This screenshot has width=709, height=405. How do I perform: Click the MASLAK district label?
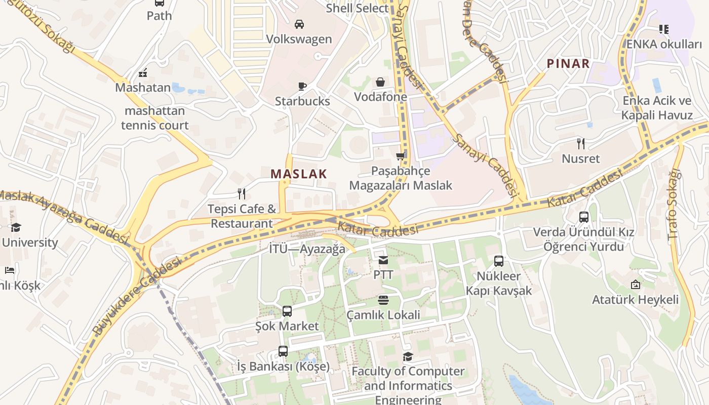tap(299, 174)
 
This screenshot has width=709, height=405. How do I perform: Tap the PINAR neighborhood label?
tap(568, 64)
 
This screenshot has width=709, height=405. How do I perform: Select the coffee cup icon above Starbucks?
tap(302, 86)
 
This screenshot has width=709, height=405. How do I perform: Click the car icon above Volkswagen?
tap(299, 24)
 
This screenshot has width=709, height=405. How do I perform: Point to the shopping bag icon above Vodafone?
tap(380, 82)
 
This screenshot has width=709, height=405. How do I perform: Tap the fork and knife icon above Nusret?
tap(581, 143)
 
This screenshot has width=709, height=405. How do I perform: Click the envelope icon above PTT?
tap(383, 260)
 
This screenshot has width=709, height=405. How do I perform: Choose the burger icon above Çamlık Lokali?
tap(383, 300)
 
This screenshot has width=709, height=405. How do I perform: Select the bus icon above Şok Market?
tap(287, 311)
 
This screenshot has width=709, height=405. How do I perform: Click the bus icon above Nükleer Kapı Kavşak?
tap(499, 261)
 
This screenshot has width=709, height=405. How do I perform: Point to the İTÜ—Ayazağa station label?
tap(307, 249)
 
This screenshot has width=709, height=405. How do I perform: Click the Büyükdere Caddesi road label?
tap(137, 296)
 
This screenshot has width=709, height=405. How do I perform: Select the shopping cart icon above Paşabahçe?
tap(401, 156)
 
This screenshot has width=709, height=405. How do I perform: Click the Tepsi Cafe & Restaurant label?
tap(242, 216)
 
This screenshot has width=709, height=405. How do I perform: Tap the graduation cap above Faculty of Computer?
tap(408, 356)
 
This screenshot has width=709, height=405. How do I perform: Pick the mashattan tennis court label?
tap(154, 118)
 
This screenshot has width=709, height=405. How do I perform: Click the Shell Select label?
tap(357, 8)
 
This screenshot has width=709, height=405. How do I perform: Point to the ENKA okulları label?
tap(664, 44)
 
